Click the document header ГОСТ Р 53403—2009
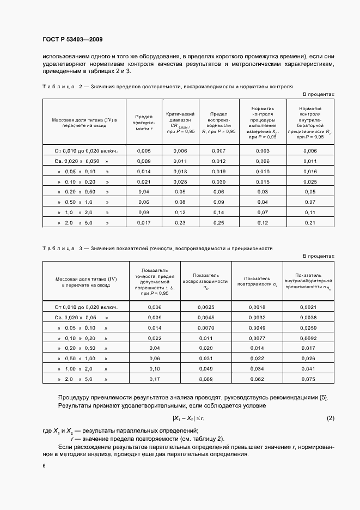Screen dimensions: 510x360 pyautogui.click(x=72, y=40)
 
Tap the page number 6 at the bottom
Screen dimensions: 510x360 pyautogui.click(x=44, y=465)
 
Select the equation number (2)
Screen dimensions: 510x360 pyautogui.click(x=330, y=418)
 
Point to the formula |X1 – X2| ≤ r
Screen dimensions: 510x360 pyautogui.click(x=188, y=418)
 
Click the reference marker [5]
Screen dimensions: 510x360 pyautogui.click(x=323, y=397)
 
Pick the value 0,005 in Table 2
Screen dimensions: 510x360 pyautogui.click(x=143, y=150)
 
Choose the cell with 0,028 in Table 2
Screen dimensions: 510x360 pyautogui.click(x=180, y=181)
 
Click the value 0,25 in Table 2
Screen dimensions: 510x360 pyautogui.click(x=218, y=223)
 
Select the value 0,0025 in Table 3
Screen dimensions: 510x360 pyautogui.click(x=206, y=307)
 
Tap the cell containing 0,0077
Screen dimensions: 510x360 pyautogui.click(x=257, y=338)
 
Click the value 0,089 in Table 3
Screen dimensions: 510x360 pyautogui.click(x=206, y=379)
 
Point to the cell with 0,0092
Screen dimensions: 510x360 pyautogui.click(x=308, y=338)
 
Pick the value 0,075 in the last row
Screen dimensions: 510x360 pyautogui.click(x=308, y=379)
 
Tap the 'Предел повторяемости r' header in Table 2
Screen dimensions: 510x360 pyautogui.click(x=143, y=123)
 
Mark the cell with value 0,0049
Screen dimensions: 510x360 pyautogui.click(x=257, y=327)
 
